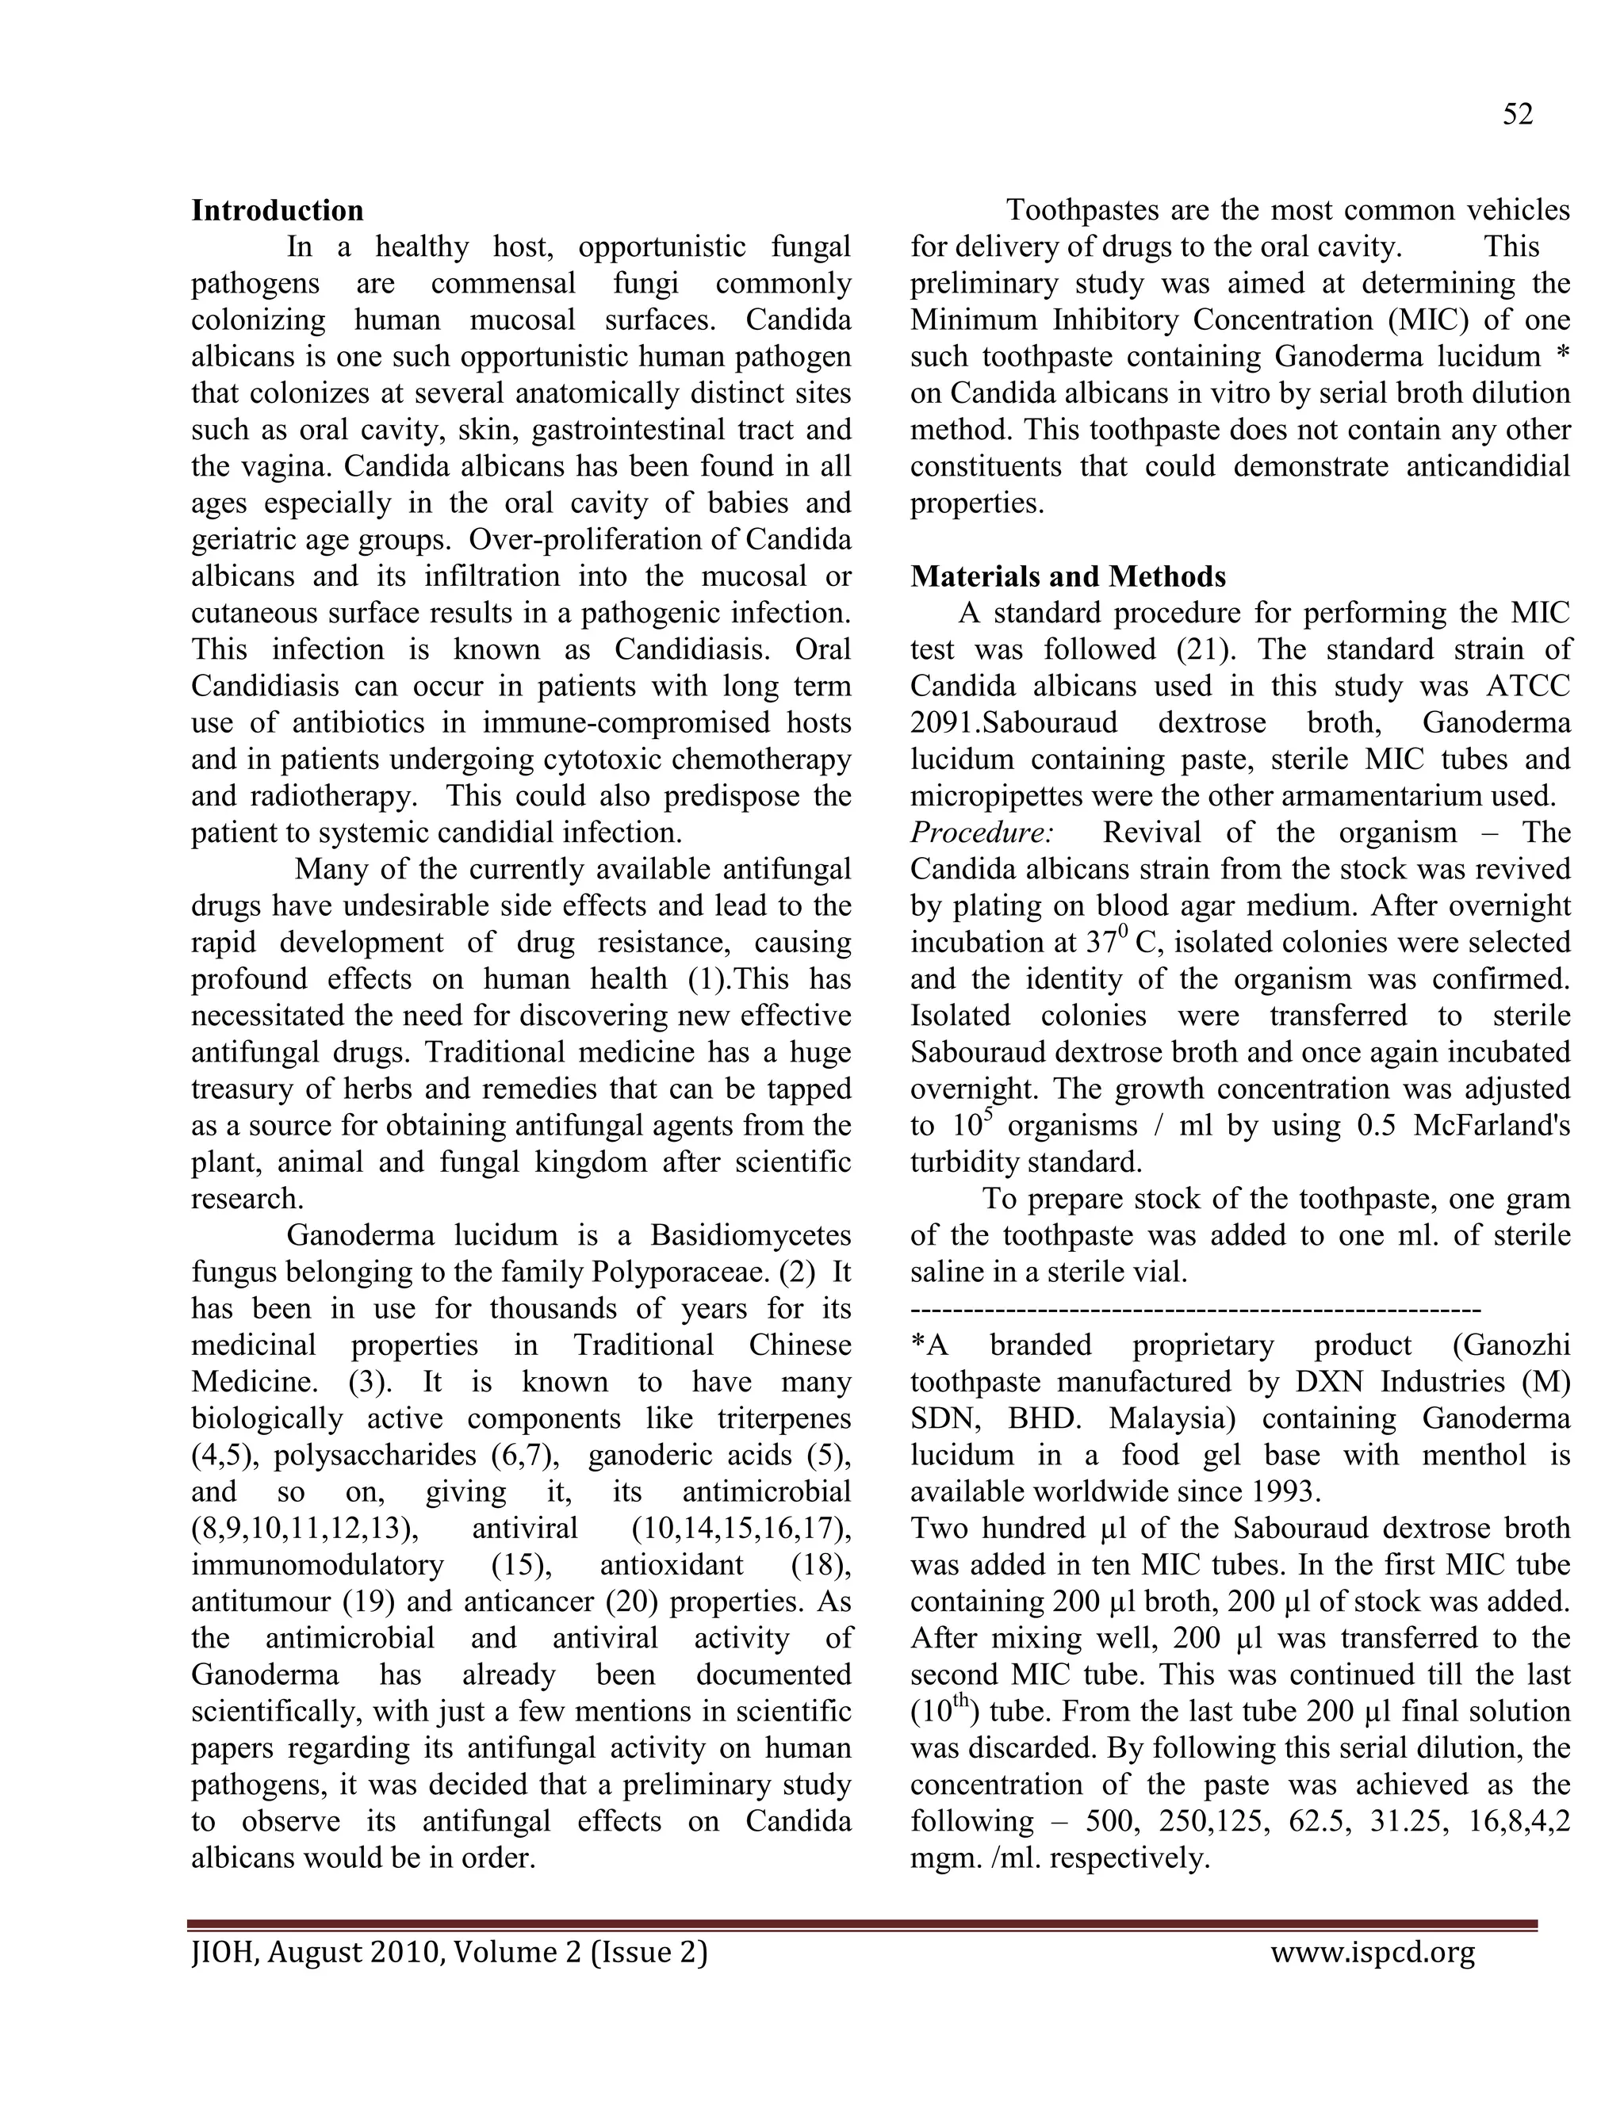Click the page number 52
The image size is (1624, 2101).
(1517, 114)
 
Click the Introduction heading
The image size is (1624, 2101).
(277, 211)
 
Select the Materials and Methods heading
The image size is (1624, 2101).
(1068, 576)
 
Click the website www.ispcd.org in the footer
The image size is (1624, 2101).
(1372, 1952)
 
